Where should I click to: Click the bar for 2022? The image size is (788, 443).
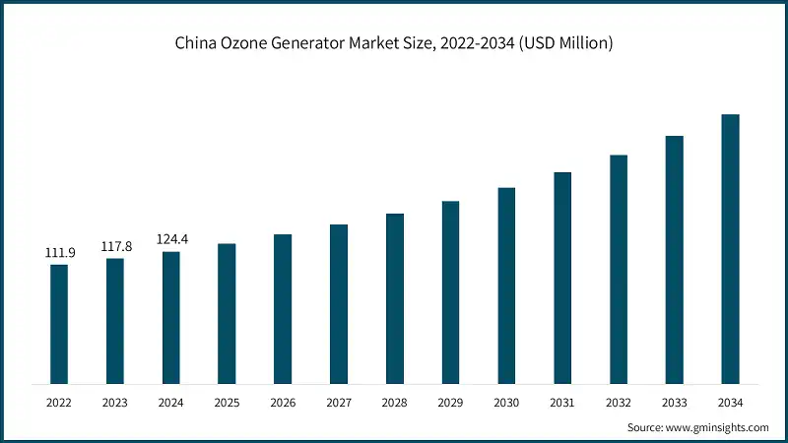pyautogui.click(x=59, y=324)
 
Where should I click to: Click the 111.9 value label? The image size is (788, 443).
pyautogui.click(x=59, y=253)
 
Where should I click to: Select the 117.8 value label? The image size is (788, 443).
pyautogui.click(x=115, y=247)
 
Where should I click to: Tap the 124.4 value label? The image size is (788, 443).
pyautogui.click(x=171, y=240)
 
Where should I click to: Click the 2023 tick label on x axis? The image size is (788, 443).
pyautogui.click(x=115, y=402)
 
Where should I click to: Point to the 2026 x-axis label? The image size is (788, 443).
pyautogui.click(x=283, y=402)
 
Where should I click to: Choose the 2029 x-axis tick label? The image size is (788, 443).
pyautogui.click(x=450, y=402)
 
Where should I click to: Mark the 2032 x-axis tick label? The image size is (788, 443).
pyautogui.click(x=618, y=402)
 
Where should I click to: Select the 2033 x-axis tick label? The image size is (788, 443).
pyautogui.click(x=674, y=402)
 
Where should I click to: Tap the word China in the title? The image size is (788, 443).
pyautogui.click(x=195, y=43)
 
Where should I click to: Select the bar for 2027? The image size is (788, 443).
pyautogui.click(x=339, y=304)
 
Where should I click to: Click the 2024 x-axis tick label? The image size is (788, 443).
pyautogui.click(x=171, y=402)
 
